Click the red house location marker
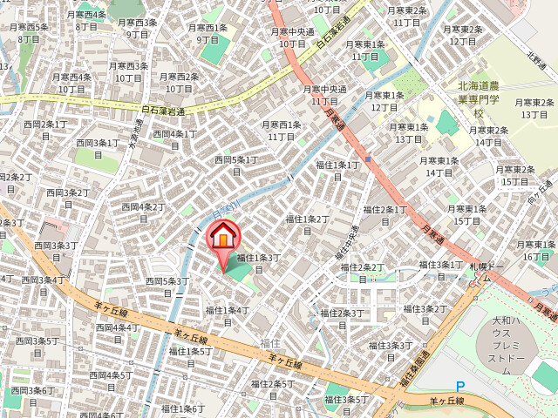[223, 237]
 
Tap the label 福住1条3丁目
[259, 263]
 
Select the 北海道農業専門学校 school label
[478, 99]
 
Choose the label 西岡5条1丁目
[236, 165]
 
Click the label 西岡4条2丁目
[141, 212]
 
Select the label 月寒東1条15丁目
[464, 215]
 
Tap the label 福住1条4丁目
[228, 315]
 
